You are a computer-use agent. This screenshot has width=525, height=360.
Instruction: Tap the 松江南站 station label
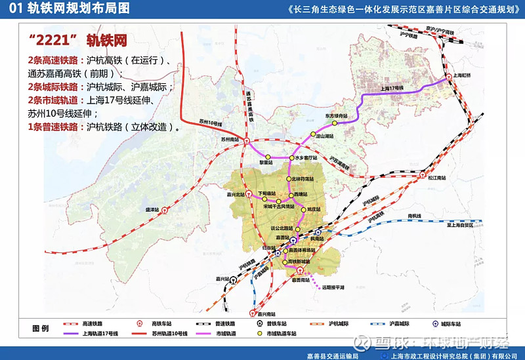[x=437, y=177]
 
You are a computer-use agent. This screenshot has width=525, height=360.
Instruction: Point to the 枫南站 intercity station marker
[x=318, y=232]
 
